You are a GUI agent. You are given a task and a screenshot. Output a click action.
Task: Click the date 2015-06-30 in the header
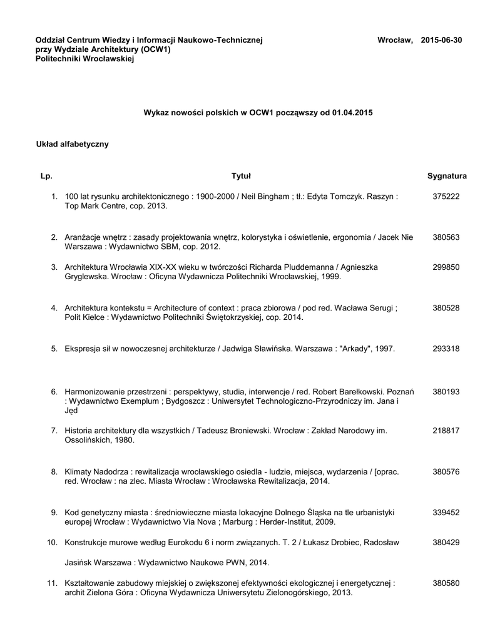[442, 40]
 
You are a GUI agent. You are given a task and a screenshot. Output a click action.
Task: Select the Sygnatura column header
[447, 176]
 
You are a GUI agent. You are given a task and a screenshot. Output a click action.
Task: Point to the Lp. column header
[46, 176]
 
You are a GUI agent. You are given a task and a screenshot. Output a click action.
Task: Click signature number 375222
[446, 197]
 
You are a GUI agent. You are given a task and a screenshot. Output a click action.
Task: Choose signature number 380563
[446, 237]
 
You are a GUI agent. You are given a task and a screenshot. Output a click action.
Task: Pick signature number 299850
[446, 267]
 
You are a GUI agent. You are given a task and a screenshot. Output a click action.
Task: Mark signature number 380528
[446, 308]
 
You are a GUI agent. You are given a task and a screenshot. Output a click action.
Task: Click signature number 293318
[446, 348]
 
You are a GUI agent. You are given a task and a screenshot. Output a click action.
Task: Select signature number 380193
[446, 392]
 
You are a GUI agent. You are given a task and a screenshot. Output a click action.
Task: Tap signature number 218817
[446, 431]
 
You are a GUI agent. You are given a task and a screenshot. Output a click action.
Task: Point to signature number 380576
[446, 471]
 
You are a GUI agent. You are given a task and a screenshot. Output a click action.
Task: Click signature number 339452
[446, 512]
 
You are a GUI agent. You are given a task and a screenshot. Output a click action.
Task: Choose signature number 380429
[446, 541]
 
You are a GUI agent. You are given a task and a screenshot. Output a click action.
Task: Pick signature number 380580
[446, 583]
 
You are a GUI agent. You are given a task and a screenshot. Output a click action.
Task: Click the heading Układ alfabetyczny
[73, 145]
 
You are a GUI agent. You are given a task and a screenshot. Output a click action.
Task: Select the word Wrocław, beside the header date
[395, 40]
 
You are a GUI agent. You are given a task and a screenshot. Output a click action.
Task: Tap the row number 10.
[53, 541]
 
